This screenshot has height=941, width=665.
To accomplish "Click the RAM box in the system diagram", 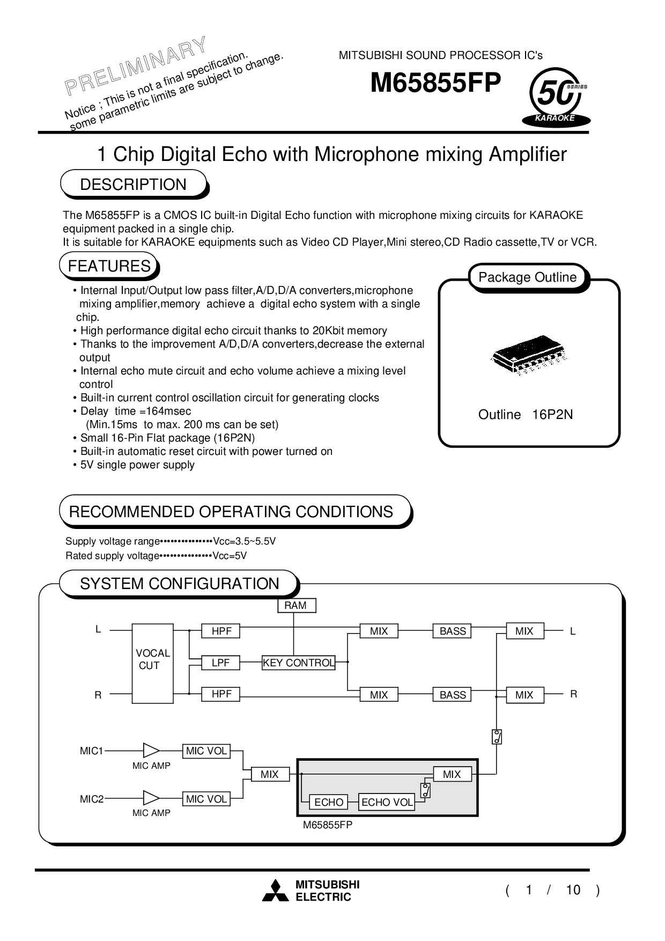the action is (x=296, y=606).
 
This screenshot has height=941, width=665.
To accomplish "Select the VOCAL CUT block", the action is (x=152, y=663).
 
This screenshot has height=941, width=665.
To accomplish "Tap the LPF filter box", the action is (x=220, y=663).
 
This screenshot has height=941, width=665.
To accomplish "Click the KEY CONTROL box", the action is (x=298, y=663).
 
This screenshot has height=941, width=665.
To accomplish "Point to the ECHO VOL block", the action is (x=387, y=803).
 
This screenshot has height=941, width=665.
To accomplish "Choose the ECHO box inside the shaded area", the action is (x=329, y=803).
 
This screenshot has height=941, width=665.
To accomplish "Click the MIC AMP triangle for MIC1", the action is (x=151, y=751).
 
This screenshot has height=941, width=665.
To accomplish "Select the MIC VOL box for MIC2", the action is (x=206, y=799).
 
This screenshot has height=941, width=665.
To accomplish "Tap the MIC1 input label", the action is (x=92, y=751).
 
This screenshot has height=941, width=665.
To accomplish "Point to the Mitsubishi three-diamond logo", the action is (x=275, y=891).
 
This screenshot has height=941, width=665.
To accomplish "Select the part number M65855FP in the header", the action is (x=435, y=83).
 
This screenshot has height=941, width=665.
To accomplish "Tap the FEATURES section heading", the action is (x=109, y=267).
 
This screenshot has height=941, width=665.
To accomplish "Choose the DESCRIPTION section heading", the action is (x=134, y=185).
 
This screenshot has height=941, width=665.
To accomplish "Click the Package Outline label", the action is (x=528, y=277).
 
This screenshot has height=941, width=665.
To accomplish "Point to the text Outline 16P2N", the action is (x=526, y=415).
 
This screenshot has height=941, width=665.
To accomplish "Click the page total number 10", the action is (x=573, y=891).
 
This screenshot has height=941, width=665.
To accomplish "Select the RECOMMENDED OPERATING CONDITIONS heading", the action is (x=232, y=512).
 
